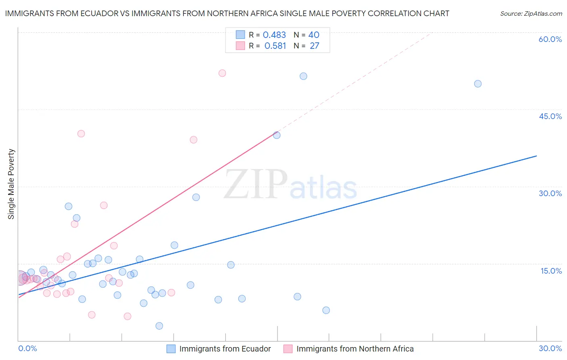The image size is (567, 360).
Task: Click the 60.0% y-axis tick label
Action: coord(550,39)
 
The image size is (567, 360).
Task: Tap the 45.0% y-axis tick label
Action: coord(550,116)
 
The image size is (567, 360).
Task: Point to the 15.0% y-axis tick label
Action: coord(551,271)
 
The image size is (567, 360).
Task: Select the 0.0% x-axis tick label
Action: coord(27,348)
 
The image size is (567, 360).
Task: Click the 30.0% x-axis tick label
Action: coord(550,348)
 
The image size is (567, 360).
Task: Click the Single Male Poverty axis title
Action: coord(11,184)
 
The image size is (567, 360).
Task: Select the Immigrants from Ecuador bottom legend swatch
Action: coord(171,349)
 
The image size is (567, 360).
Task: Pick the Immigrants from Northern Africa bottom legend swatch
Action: coord(288,349)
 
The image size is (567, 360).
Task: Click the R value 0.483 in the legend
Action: coord(274,35)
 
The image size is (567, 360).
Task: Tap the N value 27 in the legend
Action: coord(315,46)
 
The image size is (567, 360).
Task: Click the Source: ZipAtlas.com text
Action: coord(531,14)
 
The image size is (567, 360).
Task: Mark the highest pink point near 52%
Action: coord(222,73)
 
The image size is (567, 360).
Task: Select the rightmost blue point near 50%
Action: coord(478,84)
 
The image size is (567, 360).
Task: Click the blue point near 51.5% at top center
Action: coord(304,76)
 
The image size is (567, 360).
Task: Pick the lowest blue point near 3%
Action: coord(159,326)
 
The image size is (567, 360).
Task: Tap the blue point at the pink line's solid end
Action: coord(277,135)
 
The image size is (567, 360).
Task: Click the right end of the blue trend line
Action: coord(536,156)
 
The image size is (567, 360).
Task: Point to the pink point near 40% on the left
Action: coord(81,134)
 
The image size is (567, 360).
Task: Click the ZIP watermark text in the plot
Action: coord(256,184)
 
